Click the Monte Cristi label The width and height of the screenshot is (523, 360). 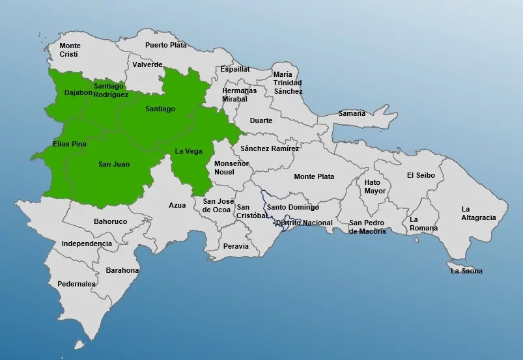coord(70,51)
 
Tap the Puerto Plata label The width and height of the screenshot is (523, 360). coord(165,45)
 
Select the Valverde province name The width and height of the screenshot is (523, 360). coord(147,65)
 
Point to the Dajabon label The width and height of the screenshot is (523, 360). coord(78,92)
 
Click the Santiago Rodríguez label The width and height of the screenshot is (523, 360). coord(111,90)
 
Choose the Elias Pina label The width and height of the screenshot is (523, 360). coord(69,143)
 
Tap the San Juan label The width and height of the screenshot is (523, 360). coord(114,165)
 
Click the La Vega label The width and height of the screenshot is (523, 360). coord(188,151)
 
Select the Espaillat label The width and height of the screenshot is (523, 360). coord(234,68)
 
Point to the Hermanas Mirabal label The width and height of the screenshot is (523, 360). coord(239,95)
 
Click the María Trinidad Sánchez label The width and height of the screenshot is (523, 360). coord(287,83)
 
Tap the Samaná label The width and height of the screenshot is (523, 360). coord(352,113)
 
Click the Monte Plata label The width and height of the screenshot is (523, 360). coord(314,176)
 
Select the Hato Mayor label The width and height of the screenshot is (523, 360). coord(375,187)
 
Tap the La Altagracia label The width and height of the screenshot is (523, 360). coord(479,213)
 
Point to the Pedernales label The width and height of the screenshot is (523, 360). coord(76,284)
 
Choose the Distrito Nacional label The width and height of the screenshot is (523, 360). coord(304,223)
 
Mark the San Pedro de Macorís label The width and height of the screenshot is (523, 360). coord(367,227)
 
